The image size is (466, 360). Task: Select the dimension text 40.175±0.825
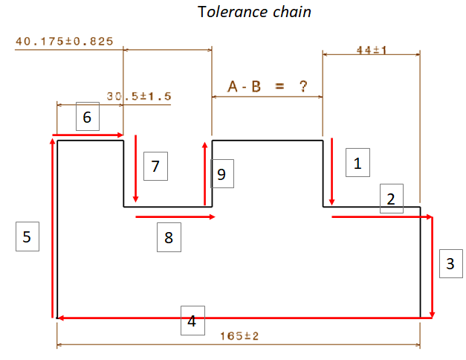(63, 41)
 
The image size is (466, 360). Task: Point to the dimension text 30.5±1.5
(139, 96)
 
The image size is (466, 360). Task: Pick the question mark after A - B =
(303, 86)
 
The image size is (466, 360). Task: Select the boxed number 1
(357, 163)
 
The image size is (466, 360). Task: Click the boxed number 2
(392, 199)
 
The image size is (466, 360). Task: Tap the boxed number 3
(450, 263)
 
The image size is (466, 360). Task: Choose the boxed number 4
(192, 322)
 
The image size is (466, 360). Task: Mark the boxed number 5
(27, 237)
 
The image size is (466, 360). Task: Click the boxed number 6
(87, 118)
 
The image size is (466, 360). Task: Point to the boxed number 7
(155, 166)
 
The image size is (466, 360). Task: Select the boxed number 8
(168, 237)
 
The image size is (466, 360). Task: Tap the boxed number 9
(221, 175)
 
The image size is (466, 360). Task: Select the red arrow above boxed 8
(175, 216)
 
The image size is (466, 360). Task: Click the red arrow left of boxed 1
(331, 172)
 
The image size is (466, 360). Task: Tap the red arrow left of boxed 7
(135, 169)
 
